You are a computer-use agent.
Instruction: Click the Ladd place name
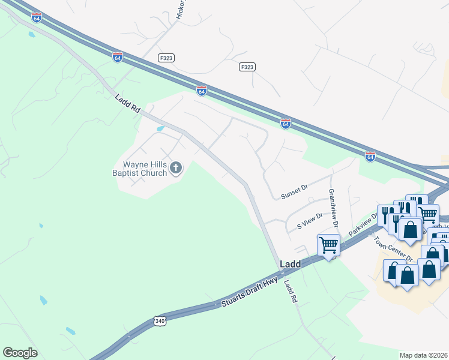tap(290, 264)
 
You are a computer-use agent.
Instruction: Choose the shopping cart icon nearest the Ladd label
tap(328, 245)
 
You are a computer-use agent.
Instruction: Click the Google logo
tap(20, 353)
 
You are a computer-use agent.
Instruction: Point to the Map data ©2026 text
tap(424, 355)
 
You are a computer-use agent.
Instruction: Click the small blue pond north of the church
tap(160, 128)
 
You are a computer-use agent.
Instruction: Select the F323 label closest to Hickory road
tap(167, 58)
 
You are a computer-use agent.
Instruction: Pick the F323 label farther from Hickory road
tap(247, 67)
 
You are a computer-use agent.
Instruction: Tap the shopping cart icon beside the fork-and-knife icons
tap(427, 213)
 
